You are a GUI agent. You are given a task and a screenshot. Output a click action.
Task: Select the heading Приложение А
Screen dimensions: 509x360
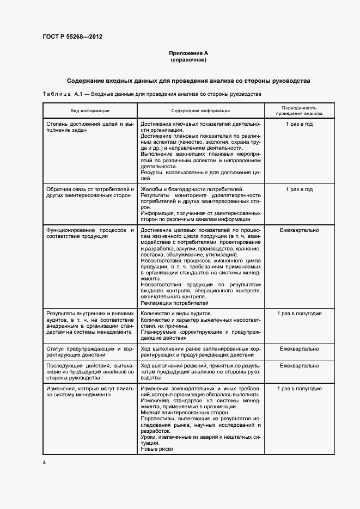click(x=188, y=53)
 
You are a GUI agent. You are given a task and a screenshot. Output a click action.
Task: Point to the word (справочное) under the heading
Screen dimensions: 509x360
click(x=188, y=59)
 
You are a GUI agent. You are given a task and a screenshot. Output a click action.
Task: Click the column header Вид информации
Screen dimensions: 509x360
click(x=90, y=111)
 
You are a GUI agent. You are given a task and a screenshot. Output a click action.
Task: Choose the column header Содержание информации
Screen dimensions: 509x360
click(x=200, y=111)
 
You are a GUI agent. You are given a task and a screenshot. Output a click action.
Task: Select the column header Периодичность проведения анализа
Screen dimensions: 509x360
click(x=299, y=111)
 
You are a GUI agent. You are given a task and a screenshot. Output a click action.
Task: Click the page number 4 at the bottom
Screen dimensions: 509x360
click(x=44, y=462)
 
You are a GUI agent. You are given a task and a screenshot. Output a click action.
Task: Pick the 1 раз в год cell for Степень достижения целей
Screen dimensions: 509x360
click(x=299, y=124)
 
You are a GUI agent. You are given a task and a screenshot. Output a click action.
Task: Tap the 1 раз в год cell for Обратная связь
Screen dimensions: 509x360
click(x=299, y=189)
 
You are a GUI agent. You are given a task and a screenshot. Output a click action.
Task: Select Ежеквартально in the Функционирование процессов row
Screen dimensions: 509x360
click(x=299, y=230)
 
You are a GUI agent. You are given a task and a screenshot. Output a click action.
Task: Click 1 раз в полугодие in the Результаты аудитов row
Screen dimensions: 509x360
click(x=299, y=314)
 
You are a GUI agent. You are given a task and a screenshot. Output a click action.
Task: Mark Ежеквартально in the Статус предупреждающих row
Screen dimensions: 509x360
click(x=299, y=348)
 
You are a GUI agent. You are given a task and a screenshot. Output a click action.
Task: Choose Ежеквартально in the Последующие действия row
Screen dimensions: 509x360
click(x=299, y=365)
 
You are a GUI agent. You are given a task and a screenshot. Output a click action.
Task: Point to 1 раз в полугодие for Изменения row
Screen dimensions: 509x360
click(x=299, y=389)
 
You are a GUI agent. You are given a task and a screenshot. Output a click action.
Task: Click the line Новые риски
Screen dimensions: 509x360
click(x=157, y=449)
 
